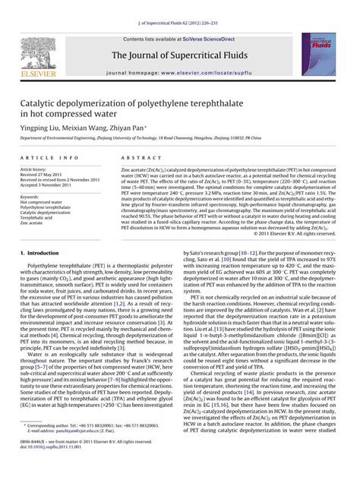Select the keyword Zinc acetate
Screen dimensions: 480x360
36,224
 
